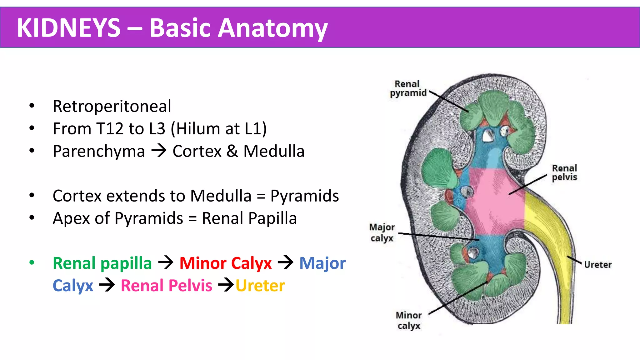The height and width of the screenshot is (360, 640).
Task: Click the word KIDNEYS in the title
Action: pos(68,28)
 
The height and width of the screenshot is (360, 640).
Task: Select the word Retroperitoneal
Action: pos(112,106)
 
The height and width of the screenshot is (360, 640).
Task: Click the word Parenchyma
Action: pos(99,151)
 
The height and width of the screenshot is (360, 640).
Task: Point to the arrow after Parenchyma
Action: pos(159,151)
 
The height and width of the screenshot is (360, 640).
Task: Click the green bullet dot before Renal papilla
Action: pos(32,263)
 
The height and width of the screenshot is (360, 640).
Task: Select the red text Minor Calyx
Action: pos(225,263)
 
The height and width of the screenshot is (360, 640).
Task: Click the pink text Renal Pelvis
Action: pos(166,286)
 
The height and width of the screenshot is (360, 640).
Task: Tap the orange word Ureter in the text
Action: pos(260,286)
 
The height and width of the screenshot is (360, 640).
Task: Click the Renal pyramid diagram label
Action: pos(408,88)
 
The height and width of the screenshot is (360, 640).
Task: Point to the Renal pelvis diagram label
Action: pos(564,173)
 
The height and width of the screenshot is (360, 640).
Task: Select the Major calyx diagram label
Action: pos(382,232)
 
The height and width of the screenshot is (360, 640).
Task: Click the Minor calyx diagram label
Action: pos(409,320)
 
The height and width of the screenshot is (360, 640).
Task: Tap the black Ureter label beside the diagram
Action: pos(597,265)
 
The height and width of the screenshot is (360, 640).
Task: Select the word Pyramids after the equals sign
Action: pos(304,196)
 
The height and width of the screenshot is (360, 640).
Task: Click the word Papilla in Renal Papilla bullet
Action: pos(272,218)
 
